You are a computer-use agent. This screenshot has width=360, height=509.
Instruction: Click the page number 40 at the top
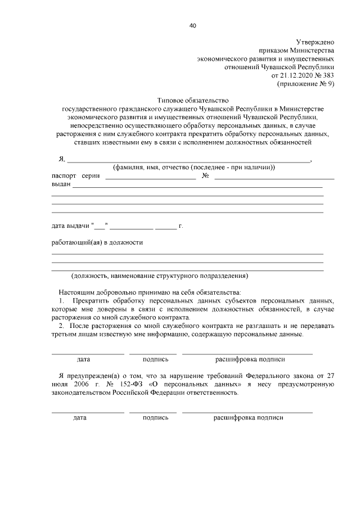(193, 25)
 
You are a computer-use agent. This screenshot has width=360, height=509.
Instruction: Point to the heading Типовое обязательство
(189, 98)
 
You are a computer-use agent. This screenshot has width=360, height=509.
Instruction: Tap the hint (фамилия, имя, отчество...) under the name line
(193, 168)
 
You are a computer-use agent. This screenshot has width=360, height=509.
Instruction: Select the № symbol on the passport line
(205, 176)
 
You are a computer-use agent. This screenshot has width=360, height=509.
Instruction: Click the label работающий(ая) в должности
(97, 242)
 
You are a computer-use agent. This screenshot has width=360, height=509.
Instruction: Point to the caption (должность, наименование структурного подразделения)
(159, 276)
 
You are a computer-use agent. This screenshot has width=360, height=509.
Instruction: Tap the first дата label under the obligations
(83, 358)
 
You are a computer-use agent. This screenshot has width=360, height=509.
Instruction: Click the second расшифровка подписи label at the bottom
(248, 417)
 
